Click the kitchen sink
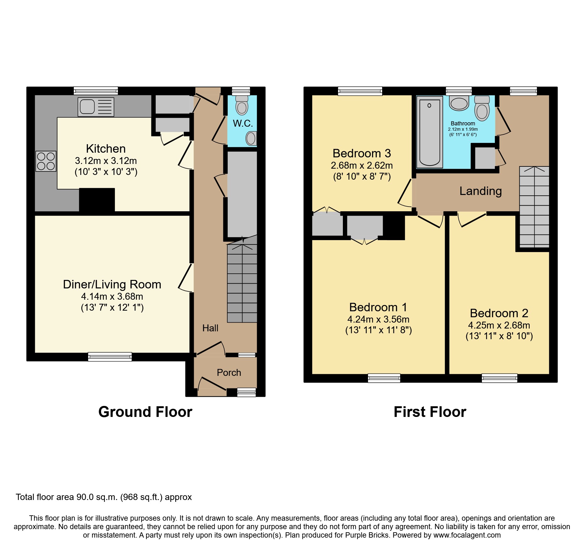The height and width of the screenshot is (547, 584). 95,107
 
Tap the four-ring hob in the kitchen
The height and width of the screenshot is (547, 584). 46,161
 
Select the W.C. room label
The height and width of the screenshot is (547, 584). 243,123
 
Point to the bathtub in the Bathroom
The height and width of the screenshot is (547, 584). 429,132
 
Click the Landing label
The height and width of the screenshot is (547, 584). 480,191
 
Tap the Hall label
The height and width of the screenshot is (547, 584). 210,328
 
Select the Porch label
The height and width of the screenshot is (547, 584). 229,373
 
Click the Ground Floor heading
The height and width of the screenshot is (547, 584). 145,412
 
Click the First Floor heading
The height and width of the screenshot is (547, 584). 430,412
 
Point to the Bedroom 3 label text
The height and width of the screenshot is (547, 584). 361,153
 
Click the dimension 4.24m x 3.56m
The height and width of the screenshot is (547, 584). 378,319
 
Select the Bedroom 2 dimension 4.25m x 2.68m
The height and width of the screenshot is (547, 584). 499,325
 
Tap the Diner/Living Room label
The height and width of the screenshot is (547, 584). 112,284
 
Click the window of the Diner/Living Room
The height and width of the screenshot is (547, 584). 110,357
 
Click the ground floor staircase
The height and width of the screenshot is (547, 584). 242,282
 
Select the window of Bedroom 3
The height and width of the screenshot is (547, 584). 360,91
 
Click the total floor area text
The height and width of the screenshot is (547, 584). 104,497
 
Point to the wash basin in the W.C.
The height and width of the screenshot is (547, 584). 251,138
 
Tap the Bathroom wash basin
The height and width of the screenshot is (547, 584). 459,103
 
